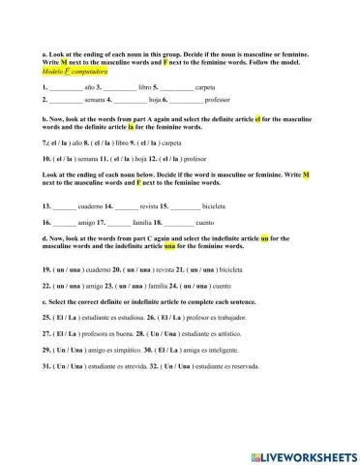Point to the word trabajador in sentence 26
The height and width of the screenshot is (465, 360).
256,317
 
